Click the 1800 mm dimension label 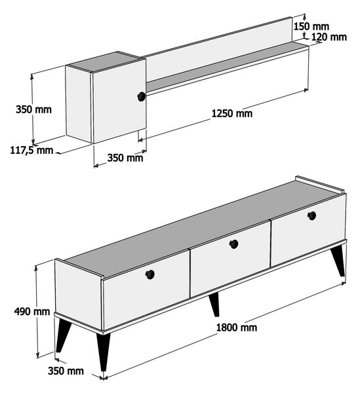coord(236,327)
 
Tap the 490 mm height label coord(32,312)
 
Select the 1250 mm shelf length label coord(232,113)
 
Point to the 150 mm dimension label coord(311,26)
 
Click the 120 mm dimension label coord(329,37)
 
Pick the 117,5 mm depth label coord(31,150)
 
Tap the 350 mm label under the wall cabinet coord(125,158)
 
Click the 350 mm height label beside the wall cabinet coord(33,109)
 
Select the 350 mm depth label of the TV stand coord(66,371)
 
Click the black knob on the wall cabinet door coord(142,96)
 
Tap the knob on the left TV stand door coord(150,274)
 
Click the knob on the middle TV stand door coord(234,244)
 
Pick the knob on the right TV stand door coord(312,215)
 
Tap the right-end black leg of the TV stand coord(338,261)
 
